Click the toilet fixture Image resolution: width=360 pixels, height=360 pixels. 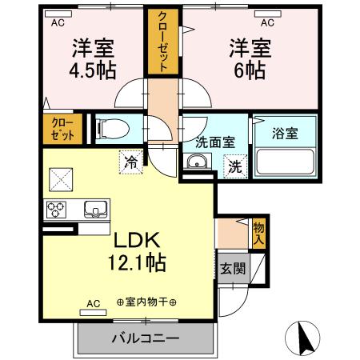tap(111, 127)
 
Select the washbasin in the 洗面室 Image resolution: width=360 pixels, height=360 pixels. tap(197, 163)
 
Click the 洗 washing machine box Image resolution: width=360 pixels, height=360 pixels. tap(235, 167)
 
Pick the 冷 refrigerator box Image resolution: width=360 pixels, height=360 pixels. tap(131, 161)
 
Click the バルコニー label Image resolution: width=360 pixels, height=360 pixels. tap(145, 339)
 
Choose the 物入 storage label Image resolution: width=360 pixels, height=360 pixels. tap(258, 233)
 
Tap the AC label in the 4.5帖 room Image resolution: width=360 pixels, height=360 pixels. tap(58, 23)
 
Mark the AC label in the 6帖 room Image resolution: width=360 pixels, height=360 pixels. tap(269, 23)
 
